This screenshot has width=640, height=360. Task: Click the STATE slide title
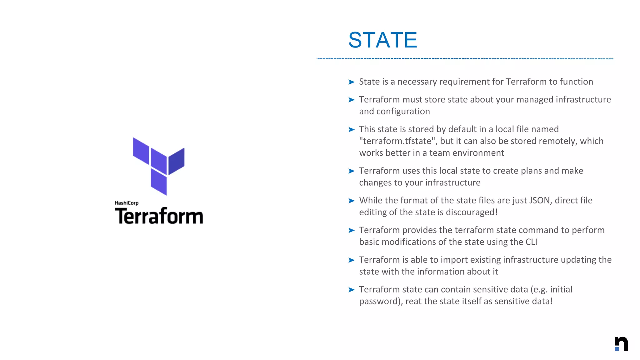(x=382, y=40)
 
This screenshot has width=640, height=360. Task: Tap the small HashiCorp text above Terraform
(x=126, y=203)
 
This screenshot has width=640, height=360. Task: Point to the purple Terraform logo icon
(x=159, y=166)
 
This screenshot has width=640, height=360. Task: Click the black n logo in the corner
(x=621, y=344)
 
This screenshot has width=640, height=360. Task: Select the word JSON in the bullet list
(x=540, y=200)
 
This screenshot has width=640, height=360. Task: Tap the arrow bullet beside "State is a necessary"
(x=351, y=82)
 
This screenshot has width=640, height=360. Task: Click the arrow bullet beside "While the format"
(x=351, y=201)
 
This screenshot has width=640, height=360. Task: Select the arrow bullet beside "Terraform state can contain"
(x=351, y=290)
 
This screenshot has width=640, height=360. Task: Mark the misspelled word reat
(x=413, y=302)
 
